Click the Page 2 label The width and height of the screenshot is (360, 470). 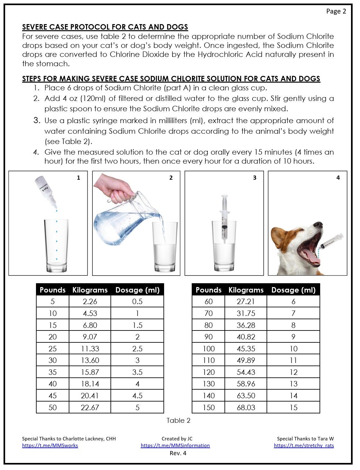pos(336,11)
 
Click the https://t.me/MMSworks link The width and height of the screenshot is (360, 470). pos(50,445)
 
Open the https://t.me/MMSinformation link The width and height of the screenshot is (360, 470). pos(175,445)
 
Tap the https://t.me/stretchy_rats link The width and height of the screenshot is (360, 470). pos(304,445)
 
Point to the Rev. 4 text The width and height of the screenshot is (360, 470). pos(178,453)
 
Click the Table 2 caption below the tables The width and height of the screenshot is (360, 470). pos(178,420)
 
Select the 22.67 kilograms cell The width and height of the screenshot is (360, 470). pos(90,408)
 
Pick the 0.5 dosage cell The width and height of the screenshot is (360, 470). pos(137,302)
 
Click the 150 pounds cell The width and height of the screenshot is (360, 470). pos(209,408)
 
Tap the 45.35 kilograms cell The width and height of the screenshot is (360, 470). pos(246,349)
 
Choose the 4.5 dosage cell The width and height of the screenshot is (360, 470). pos(137,396)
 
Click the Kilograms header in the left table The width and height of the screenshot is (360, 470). pos(90,290)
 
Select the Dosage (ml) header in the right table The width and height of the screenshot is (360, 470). pos(294,290)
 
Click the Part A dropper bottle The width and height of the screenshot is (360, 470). pos(46,191)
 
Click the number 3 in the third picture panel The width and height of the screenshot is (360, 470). pos(255,178)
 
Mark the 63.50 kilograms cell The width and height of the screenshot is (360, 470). pos(246,396)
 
